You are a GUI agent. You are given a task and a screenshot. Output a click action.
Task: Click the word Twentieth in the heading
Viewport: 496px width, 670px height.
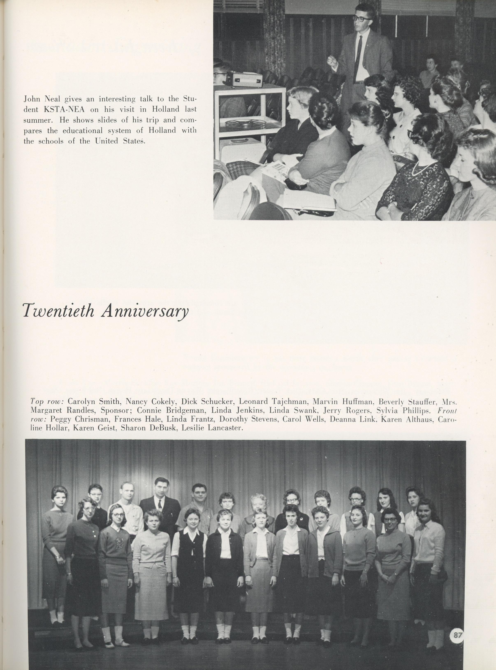59,311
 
